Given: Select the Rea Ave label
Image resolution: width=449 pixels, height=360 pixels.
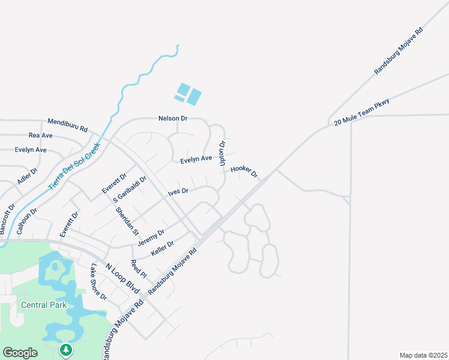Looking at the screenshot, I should coord(40,136).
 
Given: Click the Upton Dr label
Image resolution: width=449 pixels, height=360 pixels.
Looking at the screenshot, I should coord(222,153).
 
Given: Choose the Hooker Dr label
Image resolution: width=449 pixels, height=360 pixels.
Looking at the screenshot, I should coord(244,172).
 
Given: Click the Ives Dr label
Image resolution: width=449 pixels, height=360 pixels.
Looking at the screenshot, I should coord(178,191).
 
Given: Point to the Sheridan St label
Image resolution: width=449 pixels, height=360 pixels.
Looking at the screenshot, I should coord(127,221).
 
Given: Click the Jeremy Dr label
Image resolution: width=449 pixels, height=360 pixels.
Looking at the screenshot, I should coord(151,237).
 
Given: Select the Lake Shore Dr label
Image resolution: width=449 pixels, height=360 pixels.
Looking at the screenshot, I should coord(98,282).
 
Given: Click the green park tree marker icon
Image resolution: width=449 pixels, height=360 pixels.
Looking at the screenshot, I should coord(66,350).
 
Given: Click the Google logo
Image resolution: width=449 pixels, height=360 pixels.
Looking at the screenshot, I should coord(20,353).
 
